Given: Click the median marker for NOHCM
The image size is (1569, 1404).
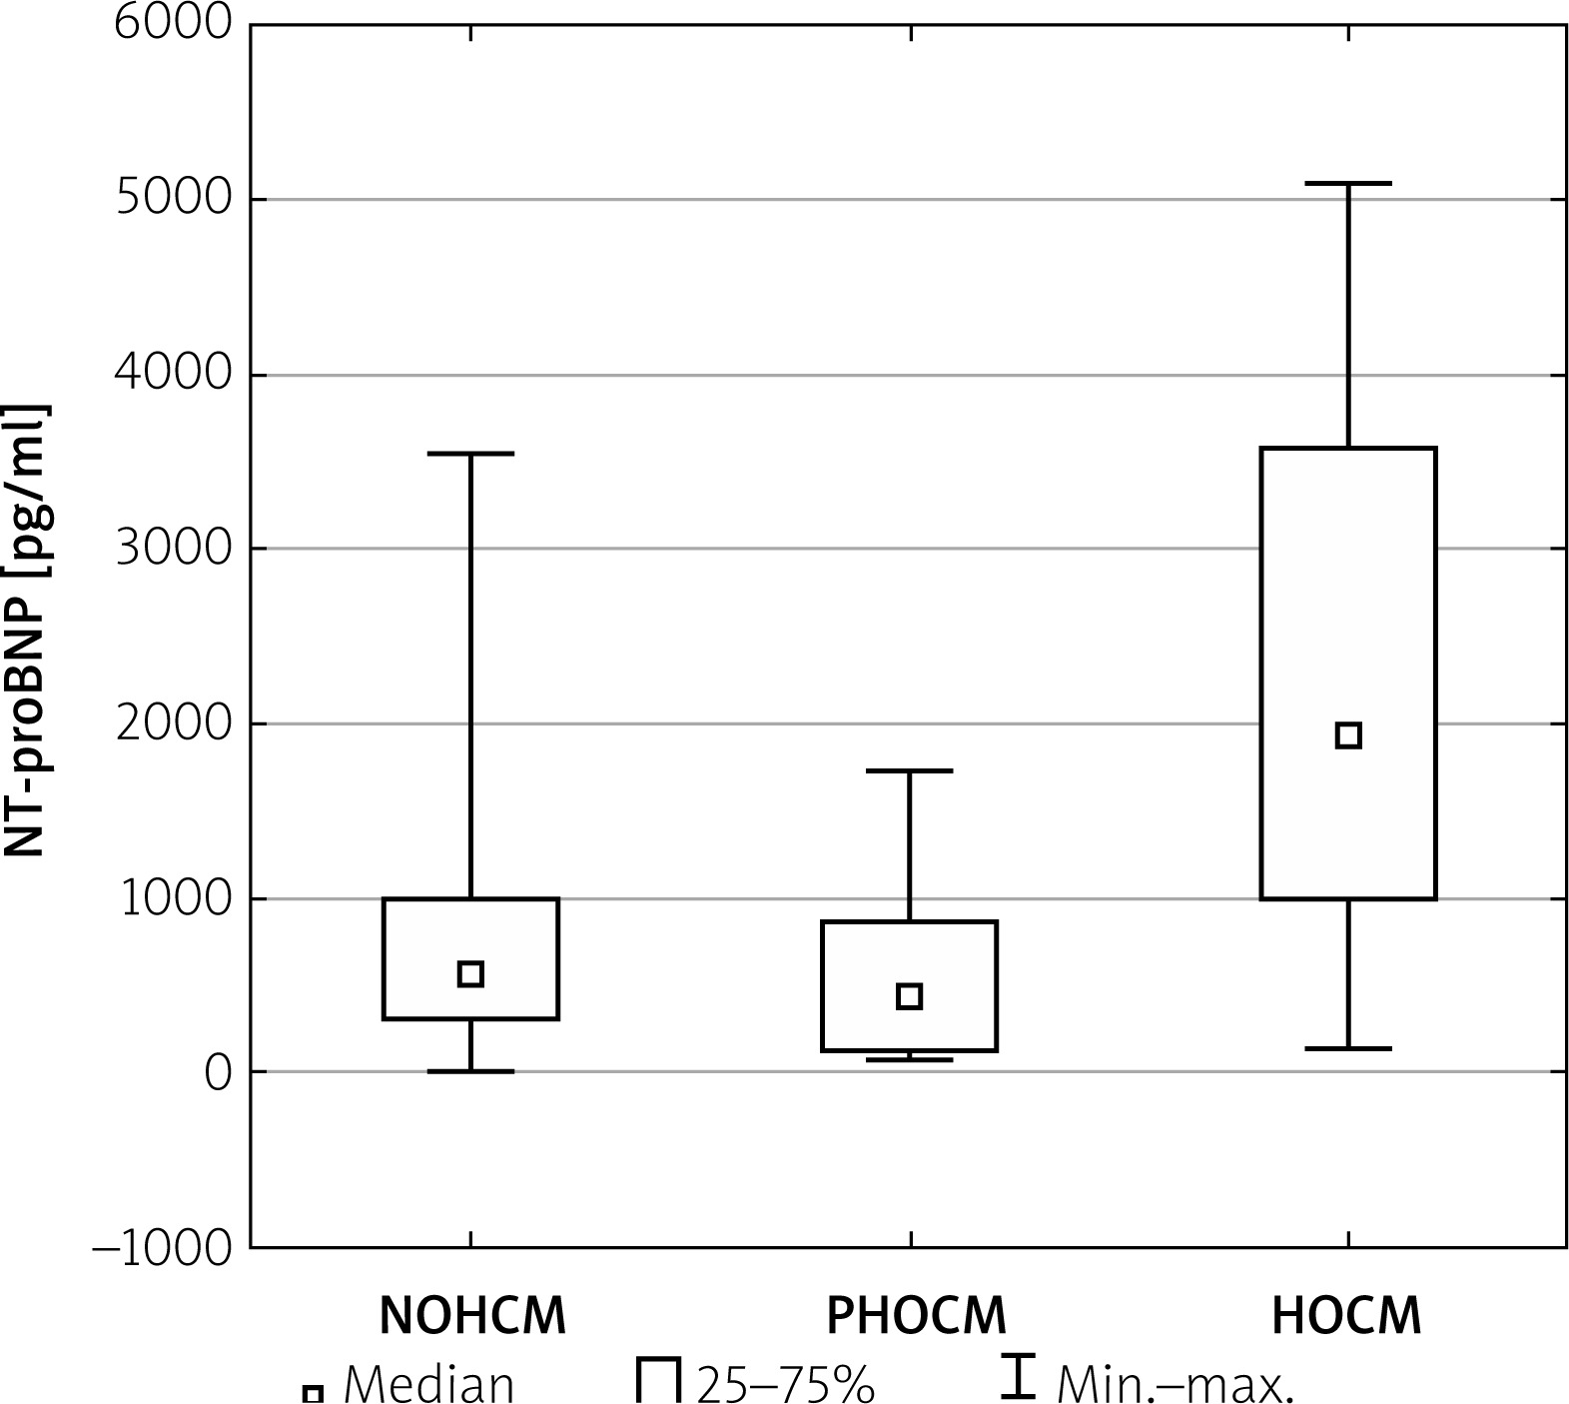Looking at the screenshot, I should [x=470, y=974].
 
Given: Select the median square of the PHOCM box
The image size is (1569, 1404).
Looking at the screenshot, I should [x=909, y=996].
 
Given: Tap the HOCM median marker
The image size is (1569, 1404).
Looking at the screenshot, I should [x=1348, y=735].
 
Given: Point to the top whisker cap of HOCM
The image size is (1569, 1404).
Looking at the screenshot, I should [x=1348, y=184].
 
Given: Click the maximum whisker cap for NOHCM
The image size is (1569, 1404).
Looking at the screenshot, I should [x=470, y=454].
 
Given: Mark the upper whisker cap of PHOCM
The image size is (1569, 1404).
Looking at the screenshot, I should [x=909, y=771].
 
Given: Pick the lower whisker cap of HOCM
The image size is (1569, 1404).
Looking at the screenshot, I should [x=1348, y=1048].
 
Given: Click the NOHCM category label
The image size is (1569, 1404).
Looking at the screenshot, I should [x=472, y=1317].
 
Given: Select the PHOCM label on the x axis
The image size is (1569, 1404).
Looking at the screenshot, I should [x=916, y=1317].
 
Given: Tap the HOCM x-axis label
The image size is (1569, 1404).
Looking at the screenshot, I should [x=1346, y=1317].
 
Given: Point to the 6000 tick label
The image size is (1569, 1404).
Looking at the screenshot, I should [x=173, y=24].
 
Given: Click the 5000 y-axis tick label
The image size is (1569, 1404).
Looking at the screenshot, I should [x=173, y=199].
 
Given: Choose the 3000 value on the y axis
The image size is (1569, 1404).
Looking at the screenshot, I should [x=173, y=549].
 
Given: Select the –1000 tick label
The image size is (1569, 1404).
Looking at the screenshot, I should [x=162, y=1248].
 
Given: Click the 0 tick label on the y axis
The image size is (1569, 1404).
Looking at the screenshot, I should [x=218, y=1073].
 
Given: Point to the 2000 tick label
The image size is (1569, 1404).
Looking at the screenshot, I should [x=173, y=723].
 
